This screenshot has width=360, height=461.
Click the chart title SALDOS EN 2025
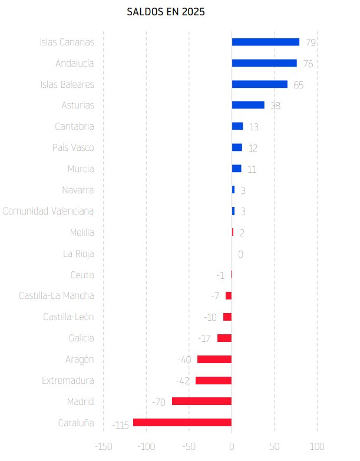[x=166, y=11]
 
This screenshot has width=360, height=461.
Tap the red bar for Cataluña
[x=182, y=422]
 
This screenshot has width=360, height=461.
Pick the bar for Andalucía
[x=264, y=63]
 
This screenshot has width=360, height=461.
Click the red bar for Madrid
[x=202, y=401]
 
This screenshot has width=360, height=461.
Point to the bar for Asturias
[x=248, y=105]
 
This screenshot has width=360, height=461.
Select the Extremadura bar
[x=213, y=380]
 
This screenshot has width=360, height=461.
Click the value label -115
[x=120, y=425]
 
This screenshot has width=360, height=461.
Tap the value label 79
[x=311, y=42]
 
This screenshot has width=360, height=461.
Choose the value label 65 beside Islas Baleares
[x=298, y=85]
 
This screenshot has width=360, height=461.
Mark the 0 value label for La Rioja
[x=240, y=255]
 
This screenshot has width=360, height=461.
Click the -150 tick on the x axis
[x=103, y=446]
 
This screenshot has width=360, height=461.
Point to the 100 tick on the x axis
[x=317, y=446]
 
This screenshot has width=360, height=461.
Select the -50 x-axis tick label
[x=189, y=446]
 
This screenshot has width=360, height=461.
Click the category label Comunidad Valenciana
[x=48, y=211]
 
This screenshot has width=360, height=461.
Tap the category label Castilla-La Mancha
[x=56, y=295]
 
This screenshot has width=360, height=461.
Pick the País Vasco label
[x=73, y=147]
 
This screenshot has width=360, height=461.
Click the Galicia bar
[x=224, y=338]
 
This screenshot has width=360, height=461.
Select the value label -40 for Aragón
[x=184, y=360]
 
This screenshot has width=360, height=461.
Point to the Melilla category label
[x=82, y=232]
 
